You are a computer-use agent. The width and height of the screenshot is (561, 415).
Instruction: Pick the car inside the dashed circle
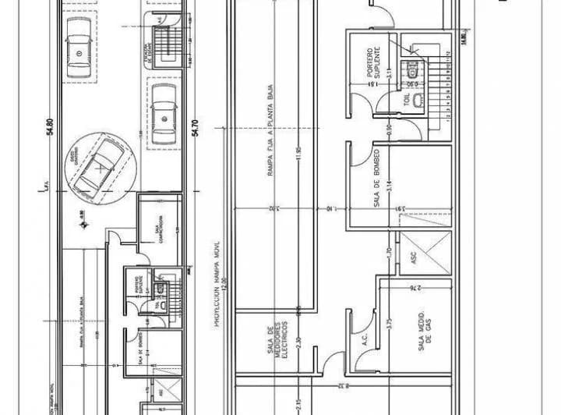(x=99, y=167)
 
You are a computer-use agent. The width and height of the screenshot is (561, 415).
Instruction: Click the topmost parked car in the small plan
(x=80, y=48)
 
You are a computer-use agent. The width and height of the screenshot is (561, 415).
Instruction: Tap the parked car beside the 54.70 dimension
(x=164, y=115)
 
